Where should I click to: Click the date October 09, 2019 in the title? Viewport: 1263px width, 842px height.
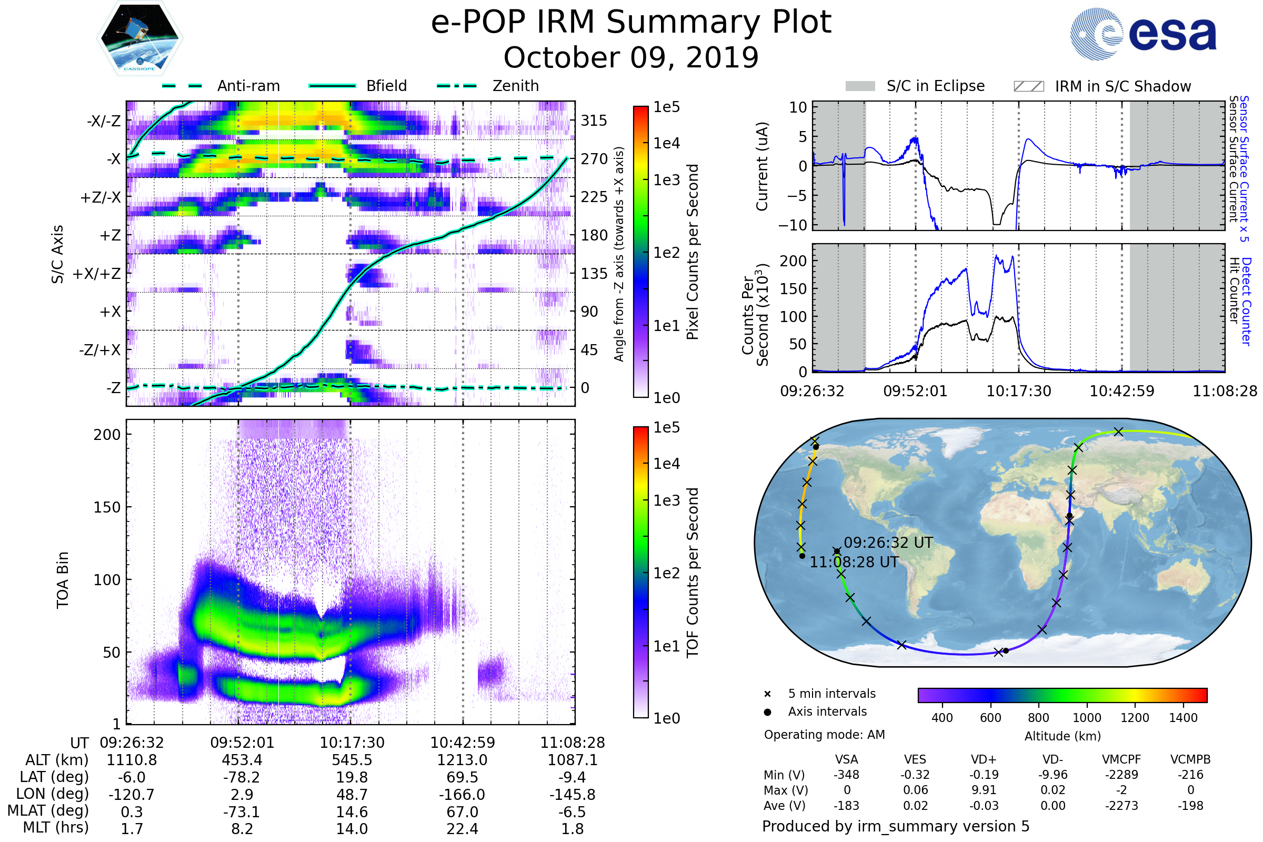tap(631, 57)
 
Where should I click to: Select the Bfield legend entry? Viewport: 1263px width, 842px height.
tap(386, 86)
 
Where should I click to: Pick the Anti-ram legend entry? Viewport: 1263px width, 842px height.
tap(248, 86)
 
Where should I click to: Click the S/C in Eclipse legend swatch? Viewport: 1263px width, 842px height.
tap(860, 86)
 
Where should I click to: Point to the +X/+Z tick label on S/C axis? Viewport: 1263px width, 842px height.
tap(97, 274)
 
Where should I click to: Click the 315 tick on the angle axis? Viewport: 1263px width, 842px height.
tap(594, 121)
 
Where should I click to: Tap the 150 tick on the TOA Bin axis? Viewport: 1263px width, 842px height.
tap(107, 507)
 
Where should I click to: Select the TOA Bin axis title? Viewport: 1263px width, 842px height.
tap(63, 580)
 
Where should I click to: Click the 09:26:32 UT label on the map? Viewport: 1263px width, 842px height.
tap(888, 543)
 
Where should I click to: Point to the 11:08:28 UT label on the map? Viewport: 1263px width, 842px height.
tap(854, 562)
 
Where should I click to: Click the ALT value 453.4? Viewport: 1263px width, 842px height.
tap(242, 760)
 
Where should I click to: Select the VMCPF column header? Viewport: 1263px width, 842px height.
tap(1121, 760)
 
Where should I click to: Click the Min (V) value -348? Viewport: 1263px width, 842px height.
tap(846, 775)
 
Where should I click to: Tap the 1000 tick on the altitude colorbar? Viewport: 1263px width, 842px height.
tap(1086, 718)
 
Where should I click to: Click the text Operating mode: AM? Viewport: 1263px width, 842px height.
tap(824, 735)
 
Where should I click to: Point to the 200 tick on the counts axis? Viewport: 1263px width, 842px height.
tap(793, 261)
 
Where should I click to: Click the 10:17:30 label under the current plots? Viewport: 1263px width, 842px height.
tap(1019, 391)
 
